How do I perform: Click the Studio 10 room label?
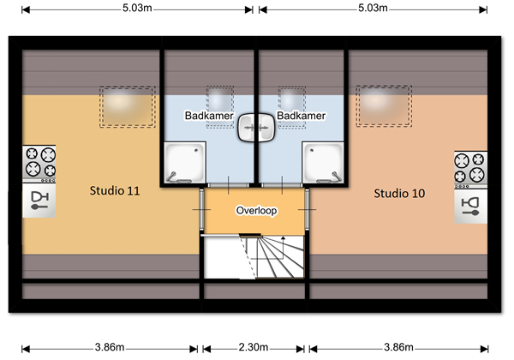point(398,194)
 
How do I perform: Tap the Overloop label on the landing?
point(256,210)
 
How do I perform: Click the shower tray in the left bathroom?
point(183,163)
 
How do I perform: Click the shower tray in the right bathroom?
point(326,163)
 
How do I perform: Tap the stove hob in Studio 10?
point(470,168)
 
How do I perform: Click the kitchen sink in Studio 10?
point(470,206)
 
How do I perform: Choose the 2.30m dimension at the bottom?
point(254,348)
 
